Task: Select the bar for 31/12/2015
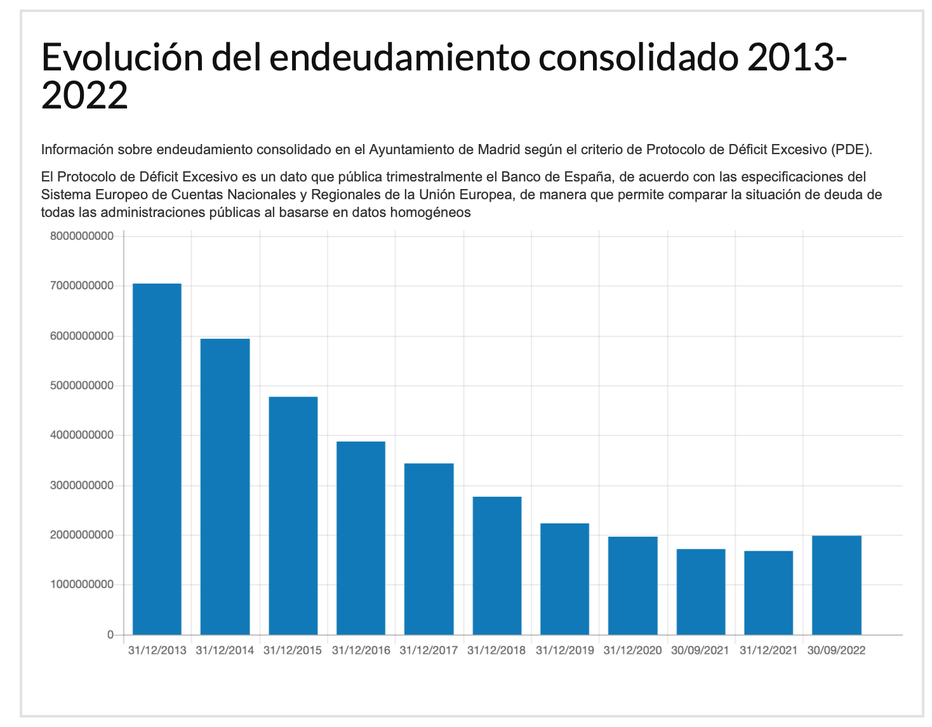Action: pyautogui.click(x=293, y=515)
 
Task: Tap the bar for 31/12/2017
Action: pyautogui.click(x=429, y=549)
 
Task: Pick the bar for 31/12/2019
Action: pyautogui.click(x=564, y=579)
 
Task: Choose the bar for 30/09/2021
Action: pyautogui.click(x=701, y=591)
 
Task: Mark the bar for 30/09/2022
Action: pyautogui.click(x=836, y=585)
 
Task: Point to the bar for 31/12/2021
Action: pyautogui.click(x=768, y=593)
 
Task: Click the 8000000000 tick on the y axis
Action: pyautogui.click(x=82, y=236)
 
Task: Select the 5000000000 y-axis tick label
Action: pyautogui.click(x=82, y=386)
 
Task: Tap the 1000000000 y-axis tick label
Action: pyautogui.click(x=82, y=584)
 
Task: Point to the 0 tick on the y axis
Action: pyautogui.click(x=110, y=634)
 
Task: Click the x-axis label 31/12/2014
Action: pyautogui.click(x=225, y=650)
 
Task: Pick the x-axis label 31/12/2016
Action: pyautogui.click(x=361, y=650)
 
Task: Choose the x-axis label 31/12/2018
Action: pyautogui.click(x=496, y=650)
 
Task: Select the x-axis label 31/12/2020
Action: pyautogui.click(x=632, y=650)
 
